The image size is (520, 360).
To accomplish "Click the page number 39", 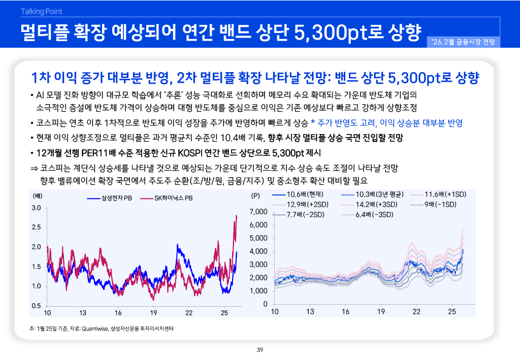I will [259, 350].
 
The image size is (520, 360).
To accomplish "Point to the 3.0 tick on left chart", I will [36, 208].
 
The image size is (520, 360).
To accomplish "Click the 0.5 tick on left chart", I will [36, 306].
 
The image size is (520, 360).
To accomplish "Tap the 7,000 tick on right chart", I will [258, 211].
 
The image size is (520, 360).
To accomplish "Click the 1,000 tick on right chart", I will [258, 291].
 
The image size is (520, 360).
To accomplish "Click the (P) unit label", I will [255, 195].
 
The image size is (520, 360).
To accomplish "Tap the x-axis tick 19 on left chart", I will [153, 312].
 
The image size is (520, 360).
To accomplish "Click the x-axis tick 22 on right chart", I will [416, 311].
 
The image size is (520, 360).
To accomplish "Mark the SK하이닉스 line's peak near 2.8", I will [237, 216].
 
